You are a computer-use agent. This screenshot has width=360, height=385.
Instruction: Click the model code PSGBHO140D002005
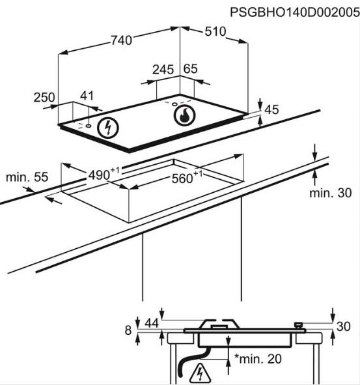click(295, 12)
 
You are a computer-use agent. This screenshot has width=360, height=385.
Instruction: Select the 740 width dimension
click(121, 40)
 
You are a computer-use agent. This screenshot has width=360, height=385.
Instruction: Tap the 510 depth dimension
click(215, 31)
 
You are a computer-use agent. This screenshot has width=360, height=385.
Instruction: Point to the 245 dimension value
click(163, 70)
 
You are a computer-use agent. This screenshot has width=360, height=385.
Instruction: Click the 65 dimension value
click(191, 69)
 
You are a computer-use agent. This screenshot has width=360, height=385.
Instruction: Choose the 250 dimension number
click(44, 98)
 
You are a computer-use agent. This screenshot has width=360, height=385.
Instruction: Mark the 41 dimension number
click(87, 96)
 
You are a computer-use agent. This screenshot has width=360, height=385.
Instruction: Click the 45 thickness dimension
click(271, 109)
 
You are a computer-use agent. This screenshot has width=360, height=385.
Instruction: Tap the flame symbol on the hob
click(184, 115)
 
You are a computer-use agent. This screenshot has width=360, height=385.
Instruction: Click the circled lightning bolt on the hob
click(107, 128)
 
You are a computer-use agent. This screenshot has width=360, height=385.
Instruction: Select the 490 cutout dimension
click(104, 174)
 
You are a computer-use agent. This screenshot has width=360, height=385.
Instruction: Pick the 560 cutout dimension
click(187, 177)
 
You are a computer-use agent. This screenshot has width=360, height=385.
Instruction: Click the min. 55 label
click(27, 177)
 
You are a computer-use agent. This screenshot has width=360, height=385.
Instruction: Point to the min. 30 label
click(330, 193)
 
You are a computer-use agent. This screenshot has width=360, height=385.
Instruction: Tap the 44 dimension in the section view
click(152, 323)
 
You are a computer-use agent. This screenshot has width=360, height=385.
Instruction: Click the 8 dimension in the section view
click(128, 330)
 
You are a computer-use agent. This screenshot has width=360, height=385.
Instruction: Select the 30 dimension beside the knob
click(343, 326)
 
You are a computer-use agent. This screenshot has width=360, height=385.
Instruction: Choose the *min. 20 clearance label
click(258, 359)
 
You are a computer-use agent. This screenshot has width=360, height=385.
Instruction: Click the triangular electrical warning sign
click(200, 373)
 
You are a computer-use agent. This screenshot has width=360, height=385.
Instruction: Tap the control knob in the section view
click(299, 326)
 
